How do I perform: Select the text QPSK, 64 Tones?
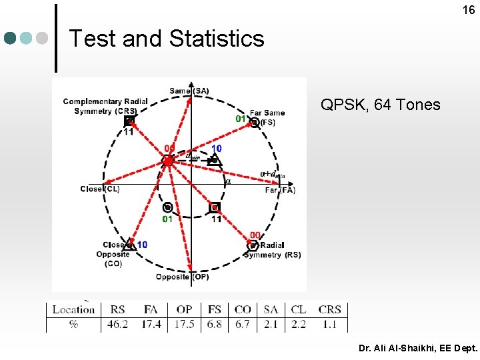pos(380,105)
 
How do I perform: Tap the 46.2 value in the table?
pos(118,324)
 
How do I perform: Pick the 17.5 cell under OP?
pos(185,324)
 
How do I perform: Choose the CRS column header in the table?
pos(330,309)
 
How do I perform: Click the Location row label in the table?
pos(73,309)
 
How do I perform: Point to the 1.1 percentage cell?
pos(330,324)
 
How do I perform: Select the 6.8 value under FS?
pos(215,324)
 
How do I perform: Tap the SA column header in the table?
pos(271,309)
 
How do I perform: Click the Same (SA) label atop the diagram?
pos(189,91)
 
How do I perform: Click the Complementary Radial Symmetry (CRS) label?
pos(105,106)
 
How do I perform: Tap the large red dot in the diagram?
pos(168,161)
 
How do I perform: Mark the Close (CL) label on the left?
pos(100,189)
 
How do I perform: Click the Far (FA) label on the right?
pos(279,190)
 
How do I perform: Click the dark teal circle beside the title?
pos(10,39)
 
